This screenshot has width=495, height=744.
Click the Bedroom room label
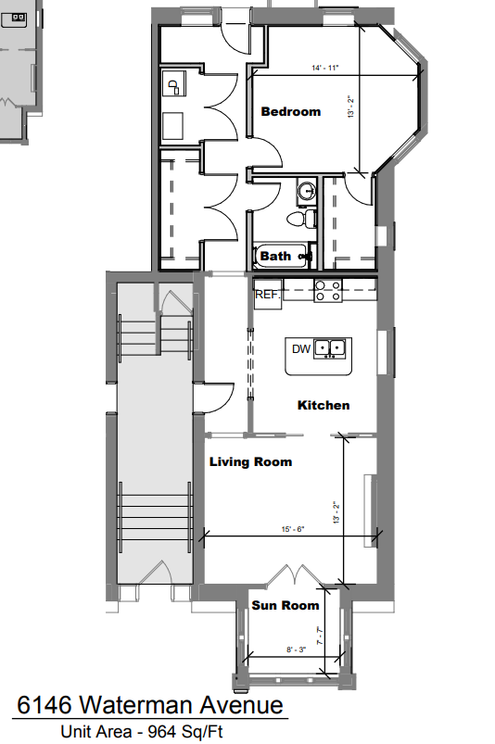point(290,112)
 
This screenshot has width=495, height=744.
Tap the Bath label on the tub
point(275,257)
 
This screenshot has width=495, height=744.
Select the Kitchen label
point(324,406)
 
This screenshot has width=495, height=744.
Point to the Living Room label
point(250,462)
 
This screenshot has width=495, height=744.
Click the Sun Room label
point(286,606)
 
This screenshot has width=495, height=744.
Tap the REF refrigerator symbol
point(267,295)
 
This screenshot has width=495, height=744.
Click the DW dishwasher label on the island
point(300,349)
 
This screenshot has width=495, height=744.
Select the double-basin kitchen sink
point(329,349)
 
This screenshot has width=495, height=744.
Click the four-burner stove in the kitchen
point(327,292)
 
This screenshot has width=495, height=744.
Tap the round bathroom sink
point(307,194)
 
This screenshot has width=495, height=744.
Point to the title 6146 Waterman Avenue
point(149,706)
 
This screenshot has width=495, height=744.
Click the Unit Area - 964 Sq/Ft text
point(143,732)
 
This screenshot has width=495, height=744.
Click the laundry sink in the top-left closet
point(173,87)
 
